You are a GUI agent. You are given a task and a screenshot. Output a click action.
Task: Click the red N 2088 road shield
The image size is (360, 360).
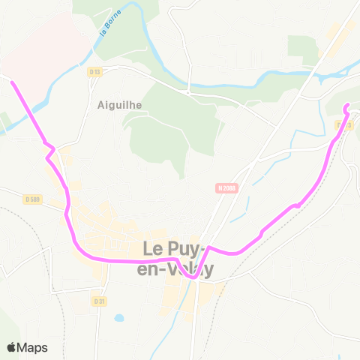tap(228, 188)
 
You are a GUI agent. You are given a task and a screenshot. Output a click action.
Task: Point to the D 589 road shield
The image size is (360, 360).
tap(31, 199)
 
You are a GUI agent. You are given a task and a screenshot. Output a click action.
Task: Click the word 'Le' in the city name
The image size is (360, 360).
tap(154, 247)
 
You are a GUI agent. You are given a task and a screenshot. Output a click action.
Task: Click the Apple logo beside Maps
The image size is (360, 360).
tap(11, 347)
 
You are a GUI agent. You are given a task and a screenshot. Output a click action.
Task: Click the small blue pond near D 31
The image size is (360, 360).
tap(119, 318)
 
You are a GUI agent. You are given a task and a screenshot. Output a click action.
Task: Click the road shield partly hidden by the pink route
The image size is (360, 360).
tap(346, 124)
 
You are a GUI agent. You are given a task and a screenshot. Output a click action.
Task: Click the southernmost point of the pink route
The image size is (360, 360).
tap(193, 276)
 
